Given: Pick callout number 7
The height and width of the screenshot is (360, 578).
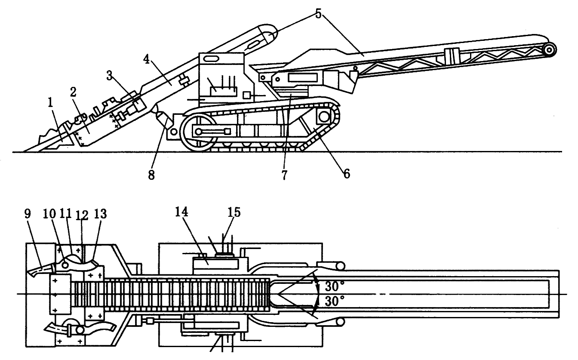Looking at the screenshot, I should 284,175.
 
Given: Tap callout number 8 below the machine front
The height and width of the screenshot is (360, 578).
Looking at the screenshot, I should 150,175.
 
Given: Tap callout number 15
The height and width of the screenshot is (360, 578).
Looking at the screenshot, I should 234,212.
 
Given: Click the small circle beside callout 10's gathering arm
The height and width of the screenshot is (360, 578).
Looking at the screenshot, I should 65,265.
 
